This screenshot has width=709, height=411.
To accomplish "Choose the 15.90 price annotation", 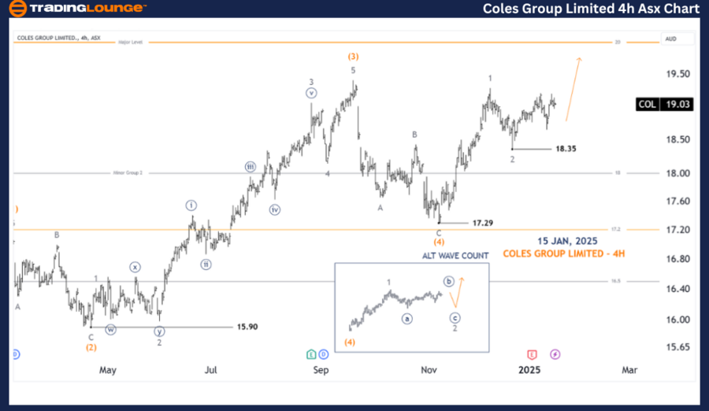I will pyautogui.click(x=247, y=326).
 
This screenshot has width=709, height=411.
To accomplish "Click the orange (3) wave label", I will pyautogui.click(x=353, y=56).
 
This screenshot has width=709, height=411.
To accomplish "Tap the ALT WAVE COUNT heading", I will pyautogui.click(x=455, y=255).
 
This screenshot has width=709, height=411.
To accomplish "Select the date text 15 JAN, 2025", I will pyautogui.click(x=567, y=240).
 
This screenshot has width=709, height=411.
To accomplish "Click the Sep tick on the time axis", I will pyautogui.click(x=321, y=369).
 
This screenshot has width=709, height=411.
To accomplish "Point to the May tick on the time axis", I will pyautogui.click(x=108, y=369).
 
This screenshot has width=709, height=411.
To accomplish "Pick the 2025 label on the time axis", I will pyautogui.click(x=529, y=369).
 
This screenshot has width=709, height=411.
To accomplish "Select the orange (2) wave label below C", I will pyautogui.click(x=91, y=347).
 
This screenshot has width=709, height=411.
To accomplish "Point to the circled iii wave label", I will pyautogui.click(x=250, y=167).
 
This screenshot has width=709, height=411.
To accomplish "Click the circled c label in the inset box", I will pyautogui.click(x=455, y=318).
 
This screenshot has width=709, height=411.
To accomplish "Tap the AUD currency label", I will pyautogui.click(x=671, y=38).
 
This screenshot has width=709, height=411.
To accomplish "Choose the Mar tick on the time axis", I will pyautogui.click(x=629, y=369).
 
